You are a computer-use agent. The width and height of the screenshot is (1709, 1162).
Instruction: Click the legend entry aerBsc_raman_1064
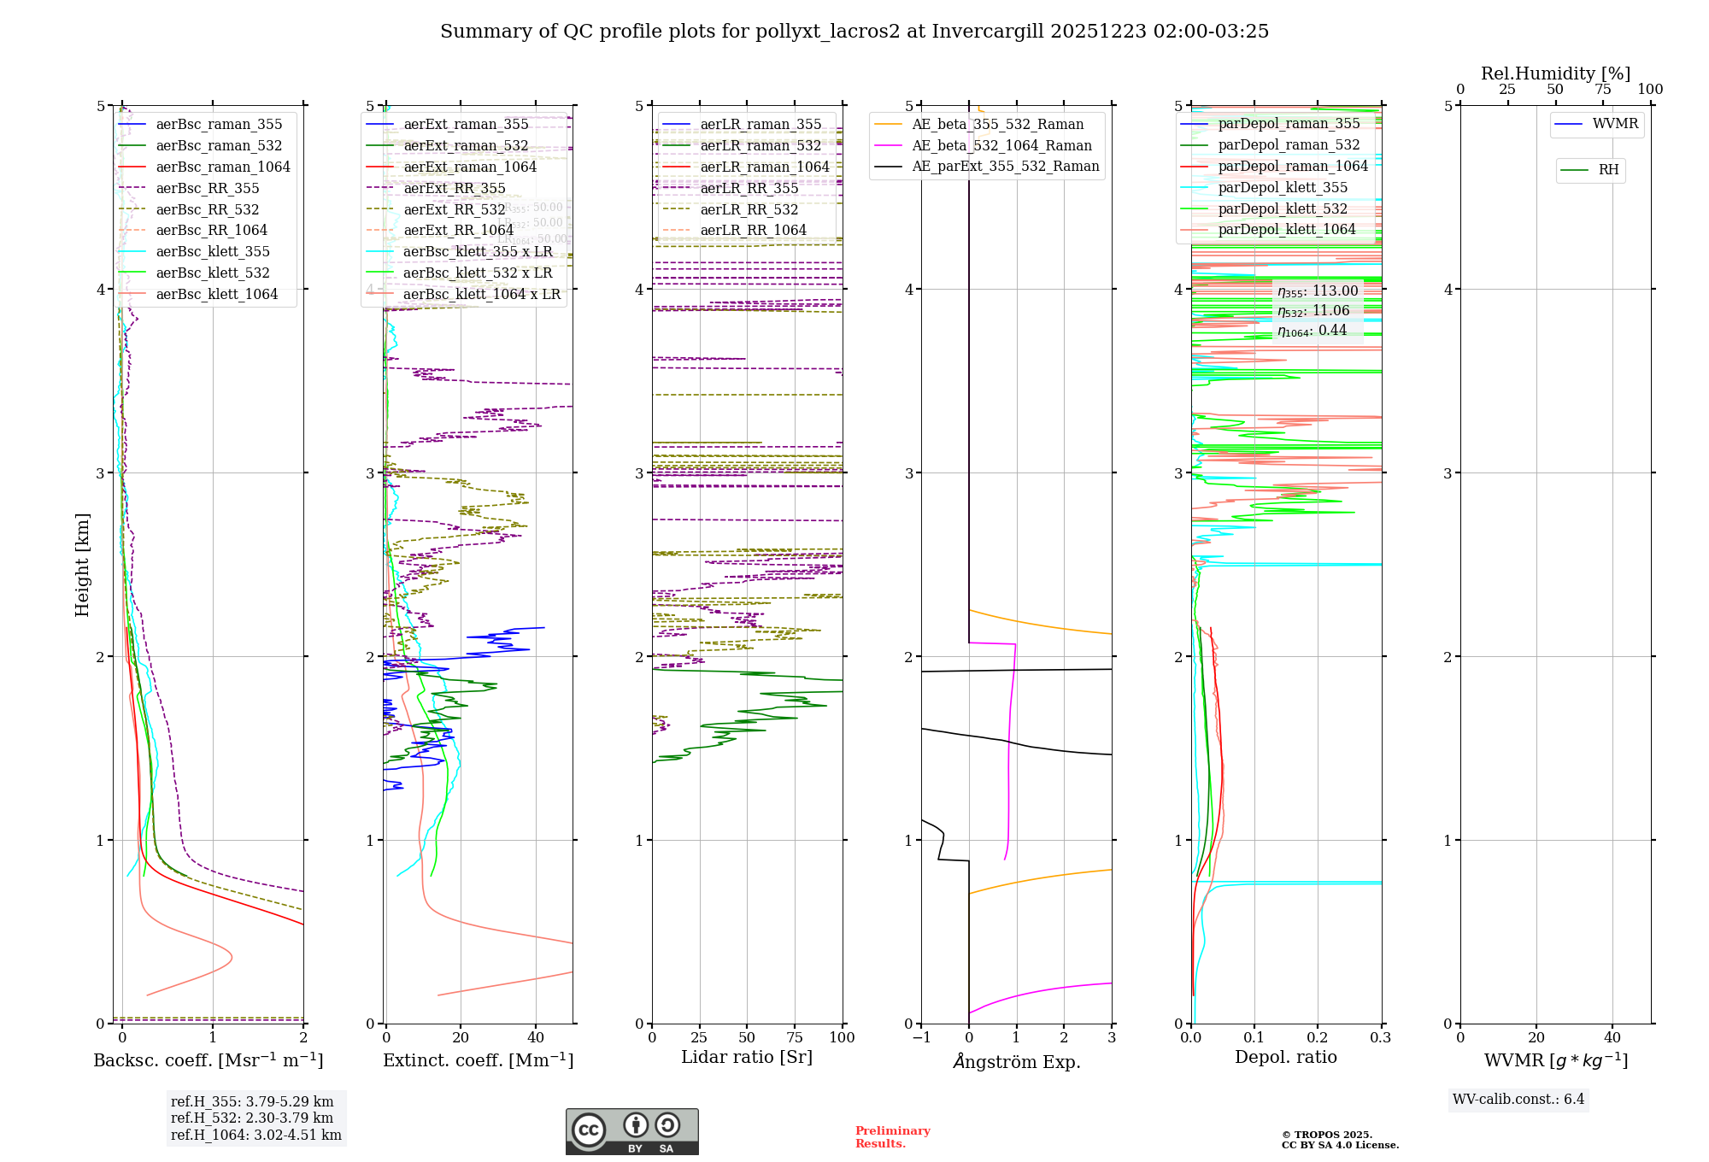click(222, 167)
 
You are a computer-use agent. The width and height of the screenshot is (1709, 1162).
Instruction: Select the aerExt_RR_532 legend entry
click(454, 209)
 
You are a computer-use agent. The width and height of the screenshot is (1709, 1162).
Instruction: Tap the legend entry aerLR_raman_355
click(760, 125)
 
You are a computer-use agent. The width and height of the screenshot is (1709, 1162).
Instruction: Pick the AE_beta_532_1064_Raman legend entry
click(1001, 146)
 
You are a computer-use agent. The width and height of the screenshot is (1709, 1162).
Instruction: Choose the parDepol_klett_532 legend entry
click(1282, 209)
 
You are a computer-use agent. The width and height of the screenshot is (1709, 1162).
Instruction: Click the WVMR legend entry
click(1614, 124)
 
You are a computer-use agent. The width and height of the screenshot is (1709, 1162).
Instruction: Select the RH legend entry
click(1607, 170)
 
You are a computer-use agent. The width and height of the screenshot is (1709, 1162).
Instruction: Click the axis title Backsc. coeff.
click(208, 1060)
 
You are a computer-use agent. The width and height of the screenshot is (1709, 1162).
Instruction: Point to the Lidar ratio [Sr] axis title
click(746, 1057)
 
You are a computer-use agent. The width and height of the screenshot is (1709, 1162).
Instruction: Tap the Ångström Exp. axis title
click(1016, 1061)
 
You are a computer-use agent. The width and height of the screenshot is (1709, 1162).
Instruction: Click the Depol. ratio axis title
click(1285, 1057)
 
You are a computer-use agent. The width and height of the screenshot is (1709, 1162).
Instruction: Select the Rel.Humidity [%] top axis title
click(1555, 73)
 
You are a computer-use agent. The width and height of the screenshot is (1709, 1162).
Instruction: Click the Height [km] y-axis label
click(82, 565)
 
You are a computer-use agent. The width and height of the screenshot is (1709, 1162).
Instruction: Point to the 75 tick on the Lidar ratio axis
click(795, 1037)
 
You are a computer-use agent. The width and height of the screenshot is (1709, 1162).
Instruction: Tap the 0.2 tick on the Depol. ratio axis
click(1318, 1037)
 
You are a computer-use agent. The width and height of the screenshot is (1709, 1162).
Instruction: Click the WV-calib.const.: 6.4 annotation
click(1518, 1100)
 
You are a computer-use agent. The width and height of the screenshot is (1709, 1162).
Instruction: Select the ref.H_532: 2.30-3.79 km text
click(251, 1118)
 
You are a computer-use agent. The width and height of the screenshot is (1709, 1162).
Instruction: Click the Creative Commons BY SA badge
click(631, 1132)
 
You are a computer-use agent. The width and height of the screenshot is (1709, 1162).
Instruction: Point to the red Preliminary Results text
click(892, 1137)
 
